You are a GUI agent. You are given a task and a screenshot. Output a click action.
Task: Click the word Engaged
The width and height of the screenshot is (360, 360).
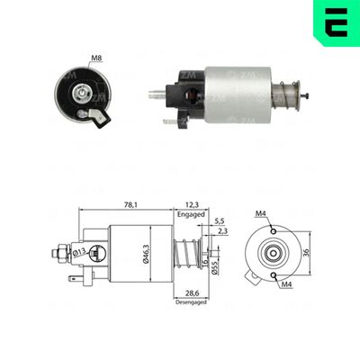(193, 216)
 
